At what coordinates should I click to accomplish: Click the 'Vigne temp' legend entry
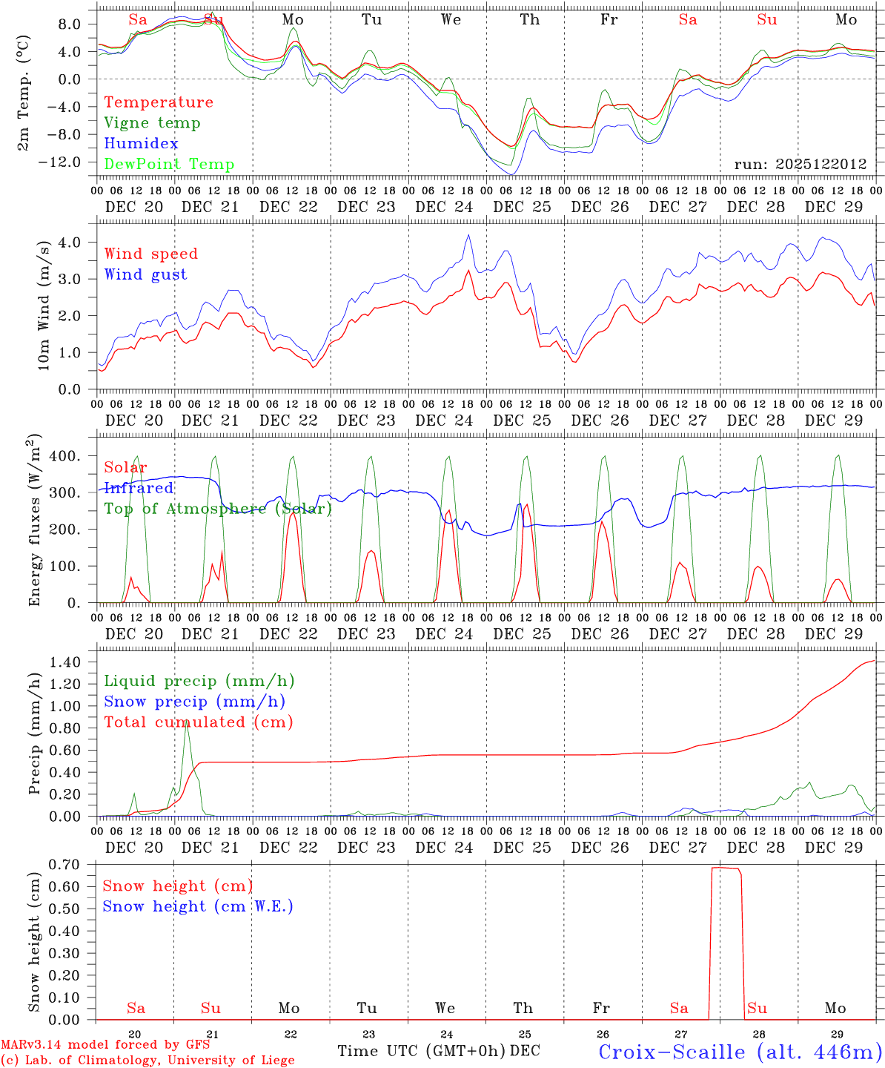click(152, 123)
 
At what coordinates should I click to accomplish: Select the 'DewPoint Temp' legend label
click(169, 165)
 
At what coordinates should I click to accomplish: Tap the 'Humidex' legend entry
click(141, 144)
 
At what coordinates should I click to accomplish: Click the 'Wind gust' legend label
click(145, 274)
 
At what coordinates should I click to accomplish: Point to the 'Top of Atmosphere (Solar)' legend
click(218, 509)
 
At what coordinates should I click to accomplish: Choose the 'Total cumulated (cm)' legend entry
click(198, 722)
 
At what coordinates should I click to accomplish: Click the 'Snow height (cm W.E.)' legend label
click(198, 906)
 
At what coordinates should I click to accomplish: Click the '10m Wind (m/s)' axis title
click(43, 305)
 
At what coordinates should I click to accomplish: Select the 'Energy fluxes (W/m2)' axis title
click(34, 521)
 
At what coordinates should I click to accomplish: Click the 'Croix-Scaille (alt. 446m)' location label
click(740, 1052)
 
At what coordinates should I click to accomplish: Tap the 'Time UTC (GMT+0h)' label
click(422, 1051)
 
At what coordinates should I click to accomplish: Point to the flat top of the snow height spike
click(725, 868)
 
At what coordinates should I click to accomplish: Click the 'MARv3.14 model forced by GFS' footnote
click(105, 1045)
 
